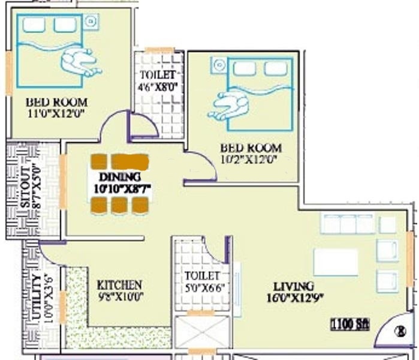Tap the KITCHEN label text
(120, 284)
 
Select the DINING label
(120, 177)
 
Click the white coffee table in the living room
(336, 262)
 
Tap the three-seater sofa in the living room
(348, 224)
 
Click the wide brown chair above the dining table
(130, 161)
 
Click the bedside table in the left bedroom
(91, 22)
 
